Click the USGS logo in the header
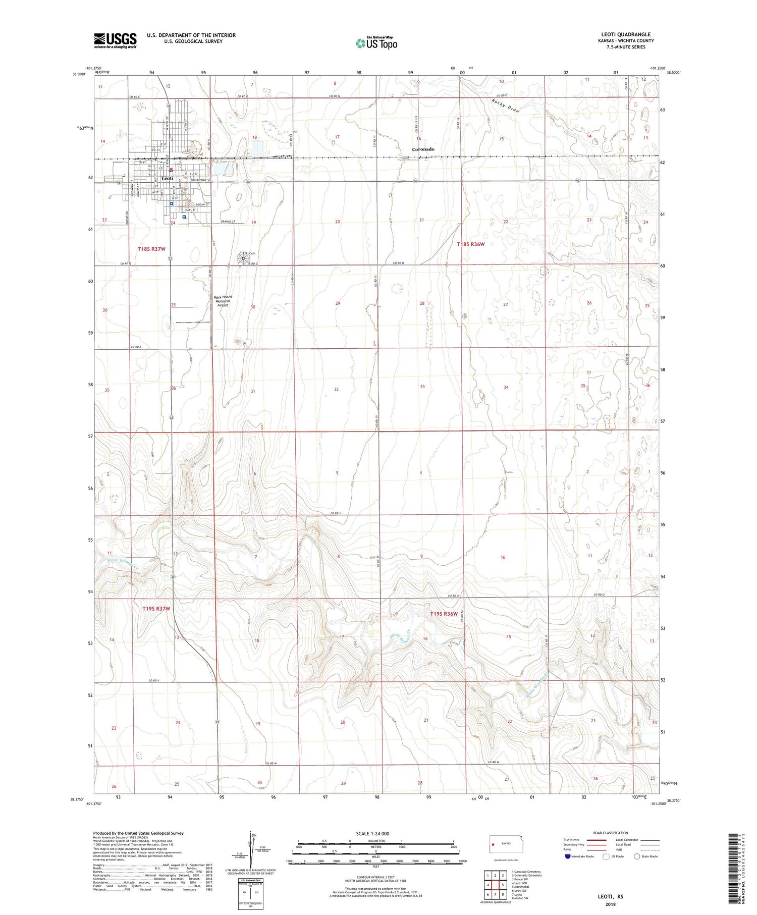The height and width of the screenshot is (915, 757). (115, 40)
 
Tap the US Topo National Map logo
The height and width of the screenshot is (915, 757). (376, 43)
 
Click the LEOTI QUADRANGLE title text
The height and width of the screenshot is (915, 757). (625, 34)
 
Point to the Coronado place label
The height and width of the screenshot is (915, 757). (423, 149)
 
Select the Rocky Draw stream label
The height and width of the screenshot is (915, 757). (505, 105)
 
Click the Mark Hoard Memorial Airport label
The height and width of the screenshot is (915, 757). (223, 301)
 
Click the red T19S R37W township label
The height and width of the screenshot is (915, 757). (156, 609)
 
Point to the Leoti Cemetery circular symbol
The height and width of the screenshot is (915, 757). (243, 258)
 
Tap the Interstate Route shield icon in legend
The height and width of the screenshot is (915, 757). (568, 856)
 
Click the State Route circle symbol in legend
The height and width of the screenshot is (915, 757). (637, 856)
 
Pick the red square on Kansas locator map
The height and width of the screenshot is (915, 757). (493, 843)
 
